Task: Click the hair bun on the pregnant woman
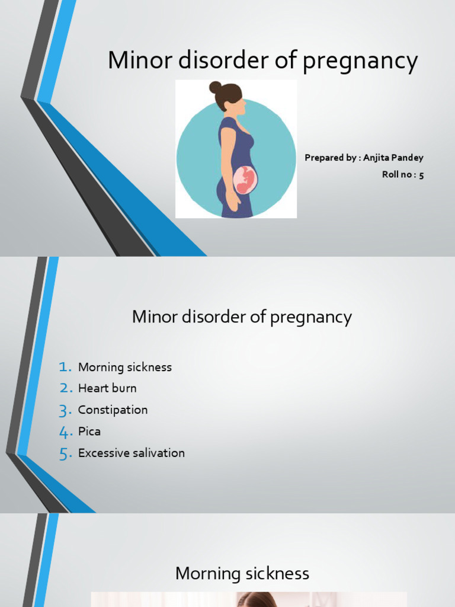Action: pos(215,87)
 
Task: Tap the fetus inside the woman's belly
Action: pos(245,180)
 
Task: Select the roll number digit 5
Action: pos(421,175)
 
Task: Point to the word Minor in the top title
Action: pos(134,61)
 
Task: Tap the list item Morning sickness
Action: pos(125,367)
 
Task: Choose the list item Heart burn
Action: pos(107,388)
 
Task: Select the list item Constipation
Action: pos(113,410)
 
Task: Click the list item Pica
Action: pos(89,432)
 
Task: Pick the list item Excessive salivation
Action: pos(132,453)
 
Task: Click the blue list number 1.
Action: pos(65,367)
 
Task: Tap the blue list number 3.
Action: pos(65,410)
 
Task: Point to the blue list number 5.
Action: pos(65,453)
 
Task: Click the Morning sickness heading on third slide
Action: pos(242,573)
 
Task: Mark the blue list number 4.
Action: pos(65,432)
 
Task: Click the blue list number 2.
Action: pos(65,389)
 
